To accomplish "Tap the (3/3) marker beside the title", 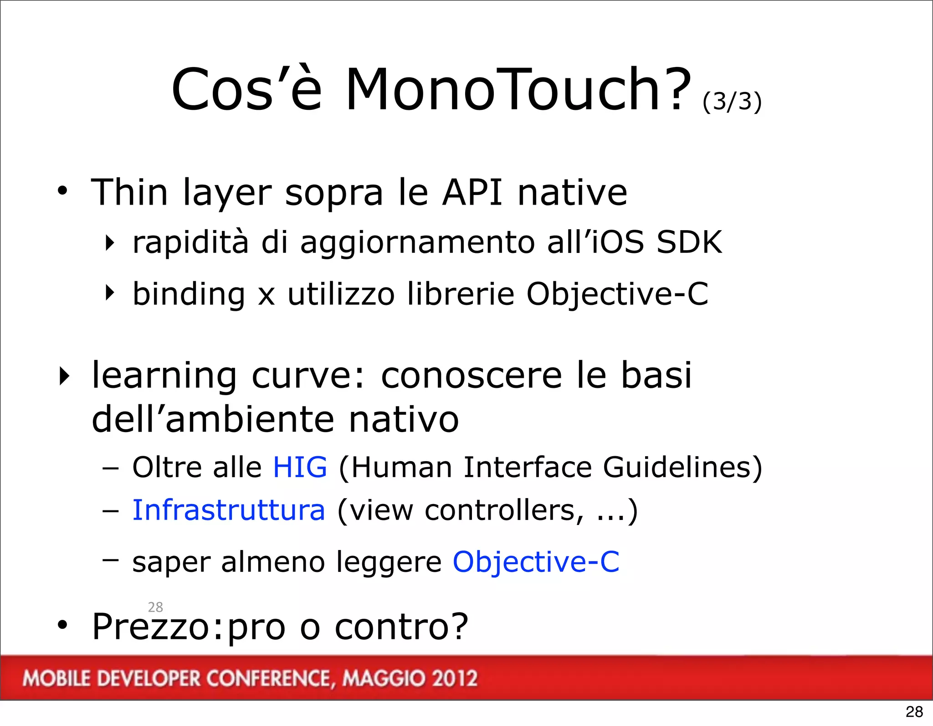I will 732,101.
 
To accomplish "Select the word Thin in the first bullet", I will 130,192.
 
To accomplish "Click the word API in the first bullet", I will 472,192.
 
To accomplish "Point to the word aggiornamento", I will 417,242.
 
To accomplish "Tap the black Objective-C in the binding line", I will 617,293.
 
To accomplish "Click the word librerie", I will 461,293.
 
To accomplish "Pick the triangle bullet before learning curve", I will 65,376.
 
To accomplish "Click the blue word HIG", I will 300,467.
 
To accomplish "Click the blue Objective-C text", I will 536,561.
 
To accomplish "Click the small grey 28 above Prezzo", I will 155,607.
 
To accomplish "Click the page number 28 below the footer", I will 914,711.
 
